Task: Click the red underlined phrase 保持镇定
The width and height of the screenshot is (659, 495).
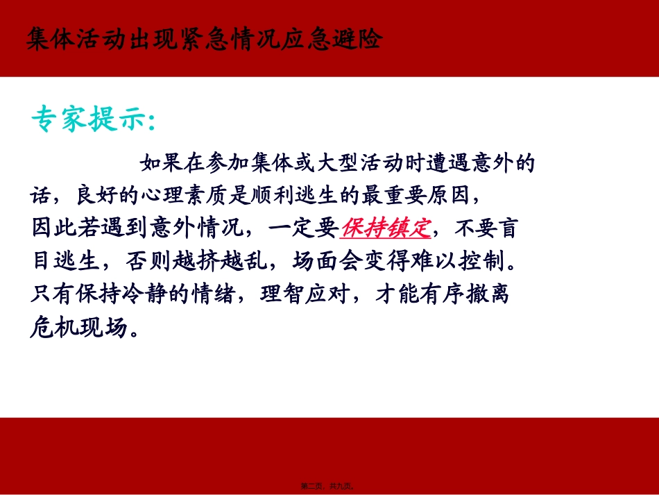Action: click(386, 228)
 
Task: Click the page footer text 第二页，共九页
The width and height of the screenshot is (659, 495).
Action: click(330, 487)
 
